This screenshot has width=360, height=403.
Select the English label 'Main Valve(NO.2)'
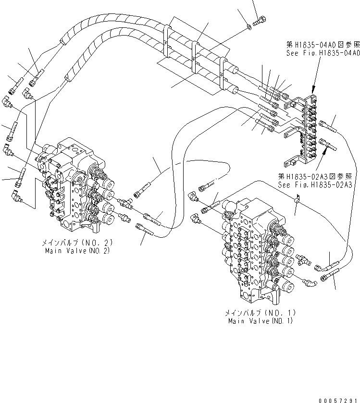pyautogui.click(x=76, y=251)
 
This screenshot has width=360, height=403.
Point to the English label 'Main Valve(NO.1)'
pyautogui.click(x=260, y=321)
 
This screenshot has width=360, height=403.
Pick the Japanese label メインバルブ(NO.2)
pyautogui.click(x=76, y=244)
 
